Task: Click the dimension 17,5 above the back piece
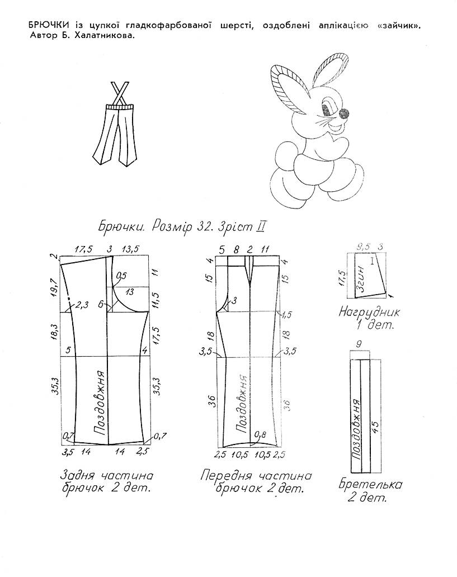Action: pos(84,249)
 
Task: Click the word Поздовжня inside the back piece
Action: pos(100,403)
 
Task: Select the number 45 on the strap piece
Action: pos(375,427)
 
